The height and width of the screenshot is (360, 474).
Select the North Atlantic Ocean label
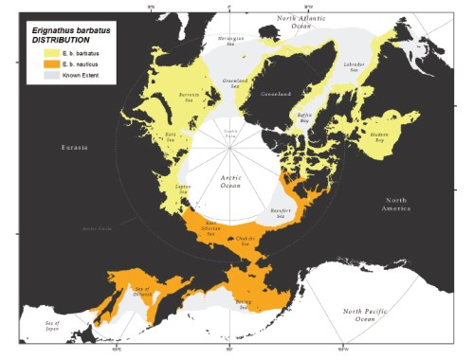(300, 23)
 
